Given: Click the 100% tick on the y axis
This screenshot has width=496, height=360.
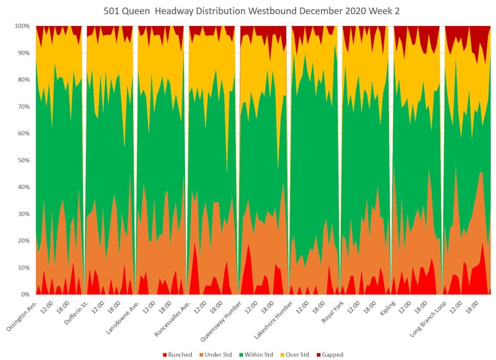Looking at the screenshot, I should coord(22,26).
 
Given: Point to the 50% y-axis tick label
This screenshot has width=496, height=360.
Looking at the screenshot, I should coord(24,160).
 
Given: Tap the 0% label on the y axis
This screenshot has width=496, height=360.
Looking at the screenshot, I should coord(25,295).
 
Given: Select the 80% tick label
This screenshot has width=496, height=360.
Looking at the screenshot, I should coord(24,79).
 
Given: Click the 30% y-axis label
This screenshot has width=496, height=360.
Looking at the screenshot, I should coord(24,214).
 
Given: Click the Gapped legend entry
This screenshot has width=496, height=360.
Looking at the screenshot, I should coord(332,355).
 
